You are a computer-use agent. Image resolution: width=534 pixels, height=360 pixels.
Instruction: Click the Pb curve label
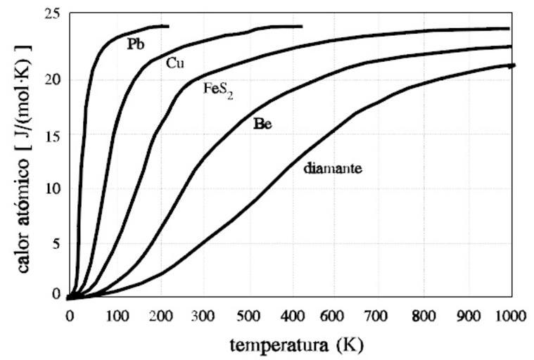(136, 44)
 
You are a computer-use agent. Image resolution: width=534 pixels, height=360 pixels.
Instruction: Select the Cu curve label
(175, 63)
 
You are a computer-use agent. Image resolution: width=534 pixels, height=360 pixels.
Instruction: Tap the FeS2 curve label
(218, 90)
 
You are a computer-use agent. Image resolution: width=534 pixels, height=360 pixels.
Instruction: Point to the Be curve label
(262, 124)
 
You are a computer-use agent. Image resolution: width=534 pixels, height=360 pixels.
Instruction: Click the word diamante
(332, 168)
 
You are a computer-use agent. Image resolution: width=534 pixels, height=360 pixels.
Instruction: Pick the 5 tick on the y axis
(57, 243)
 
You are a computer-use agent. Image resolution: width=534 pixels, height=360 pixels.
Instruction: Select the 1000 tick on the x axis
(511, 316)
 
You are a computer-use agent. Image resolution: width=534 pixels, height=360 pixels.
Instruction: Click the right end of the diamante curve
(514, 65)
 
